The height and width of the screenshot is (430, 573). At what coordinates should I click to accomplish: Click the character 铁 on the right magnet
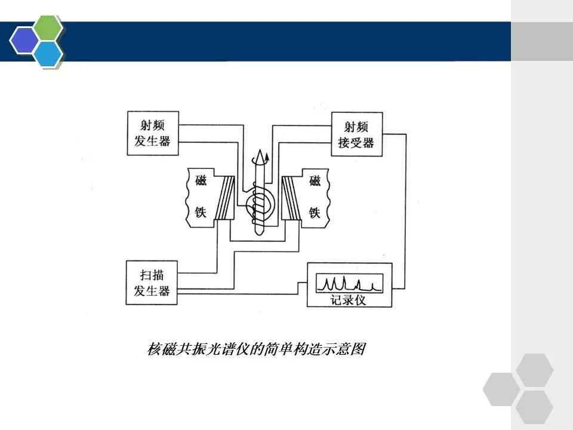coord(315,212)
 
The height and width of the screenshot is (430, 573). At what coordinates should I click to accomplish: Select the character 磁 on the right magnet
coord(315,180)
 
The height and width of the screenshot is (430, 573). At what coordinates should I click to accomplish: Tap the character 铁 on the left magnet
coord(201,212)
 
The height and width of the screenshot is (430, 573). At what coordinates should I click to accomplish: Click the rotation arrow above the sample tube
coord(260,159)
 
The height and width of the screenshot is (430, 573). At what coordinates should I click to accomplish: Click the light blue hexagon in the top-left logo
coord(48,53)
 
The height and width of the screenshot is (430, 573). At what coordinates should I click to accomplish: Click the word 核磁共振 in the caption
coord(170,349)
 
